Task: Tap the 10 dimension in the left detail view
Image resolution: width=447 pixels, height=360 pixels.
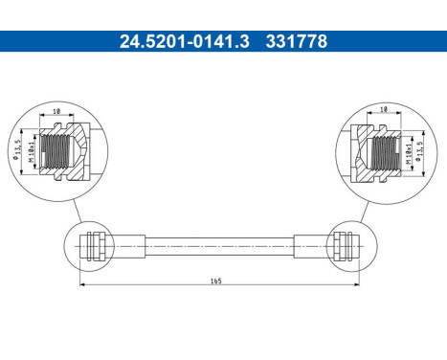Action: pos(58,113)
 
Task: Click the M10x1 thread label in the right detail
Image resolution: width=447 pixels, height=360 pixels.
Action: pos(409,149)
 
